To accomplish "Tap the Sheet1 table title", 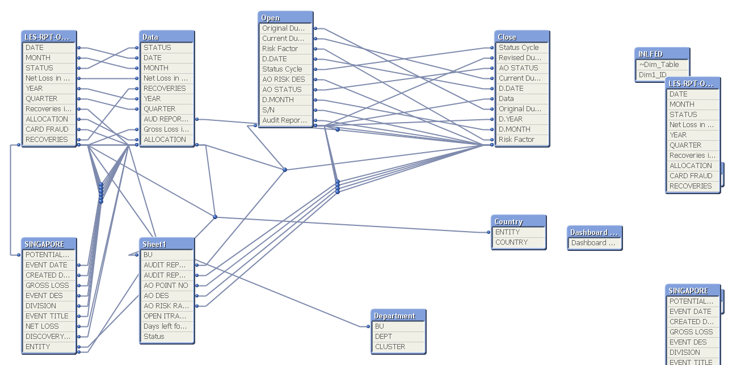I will pos(166,244).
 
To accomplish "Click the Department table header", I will pos(398,316).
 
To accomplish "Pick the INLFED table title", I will pos(661,54).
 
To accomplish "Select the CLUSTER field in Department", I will pos(398,346).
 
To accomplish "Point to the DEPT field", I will pos(398,336).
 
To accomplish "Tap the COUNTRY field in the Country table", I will pos(518,242).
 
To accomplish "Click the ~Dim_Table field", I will pos(661,64).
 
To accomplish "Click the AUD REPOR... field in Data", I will pos(166,119).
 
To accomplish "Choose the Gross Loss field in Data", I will pos(166,129).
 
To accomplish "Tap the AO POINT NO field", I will pos(166,285).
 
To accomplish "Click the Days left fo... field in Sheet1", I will pos(166,326).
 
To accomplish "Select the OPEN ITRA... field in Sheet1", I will pos(166,316).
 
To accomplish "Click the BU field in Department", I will pos(398,326).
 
